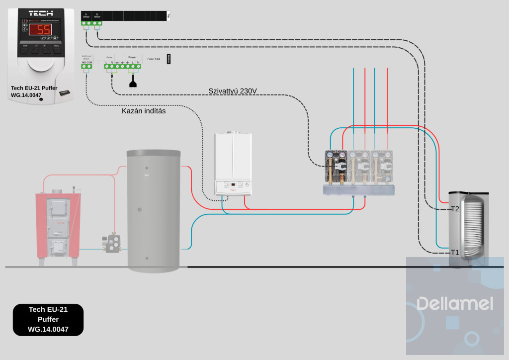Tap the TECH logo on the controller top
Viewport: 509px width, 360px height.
41,13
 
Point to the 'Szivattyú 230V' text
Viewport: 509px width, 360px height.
233,91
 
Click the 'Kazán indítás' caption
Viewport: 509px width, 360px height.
144,111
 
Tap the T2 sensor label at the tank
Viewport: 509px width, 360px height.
454,209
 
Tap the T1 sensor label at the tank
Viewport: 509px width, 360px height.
454,252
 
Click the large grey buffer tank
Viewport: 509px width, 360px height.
153,209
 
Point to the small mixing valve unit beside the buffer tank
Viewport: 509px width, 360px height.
112,243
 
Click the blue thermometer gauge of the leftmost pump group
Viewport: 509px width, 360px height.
330,155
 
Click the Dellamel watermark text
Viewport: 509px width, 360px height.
454,303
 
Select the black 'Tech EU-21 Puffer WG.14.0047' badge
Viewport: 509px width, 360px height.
48,319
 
